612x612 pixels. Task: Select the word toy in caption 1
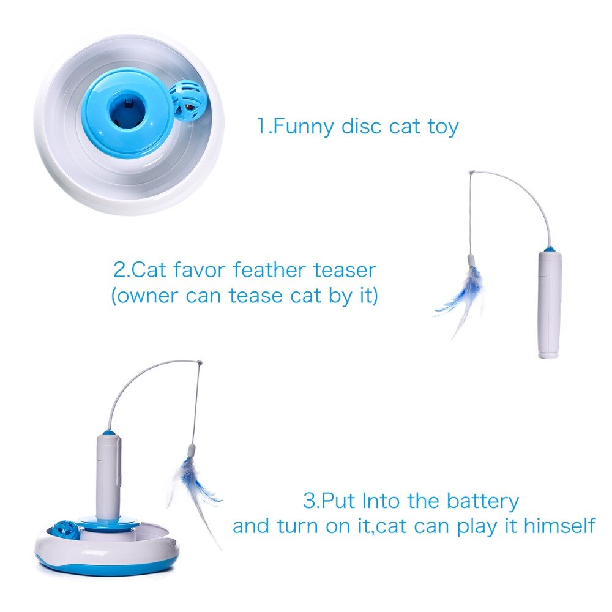point(441,127)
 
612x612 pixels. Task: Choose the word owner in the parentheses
point(143,296)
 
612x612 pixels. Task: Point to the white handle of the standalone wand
point(549,306)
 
